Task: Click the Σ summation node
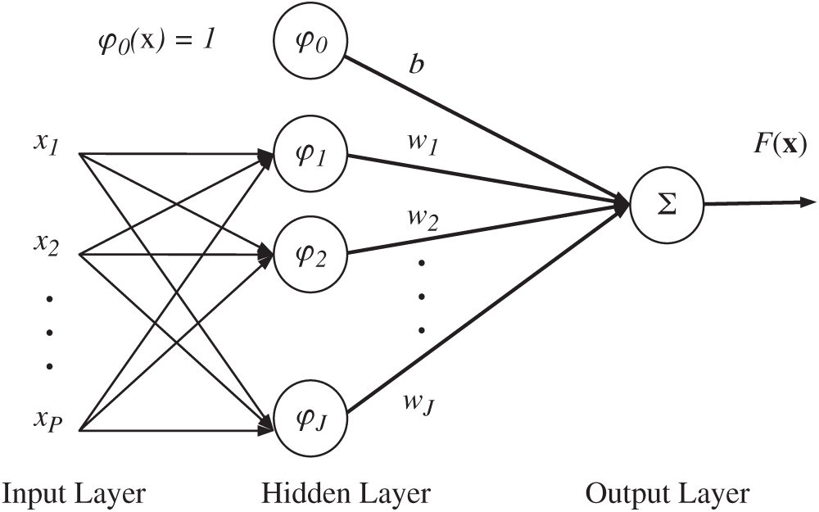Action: click(x=667, y=205)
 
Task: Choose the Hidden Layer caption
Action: click(x=346, y=493)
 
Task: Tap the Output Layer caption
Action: click(x=667, y=493)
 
